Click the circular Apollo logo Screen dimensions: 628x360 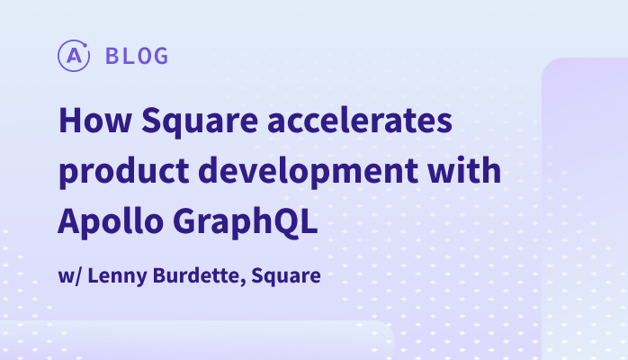point(74,56)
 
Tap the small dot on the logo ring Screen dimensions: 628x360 point(85,44)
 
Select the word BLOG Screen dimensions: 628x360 point(137,56)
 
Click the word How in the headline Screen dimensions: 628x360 point(95,120)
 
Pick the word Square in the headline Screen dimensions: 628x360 point(200,122)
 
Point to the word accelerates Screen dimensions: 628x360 point(360,120)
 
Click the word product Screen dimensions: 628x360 point(124,172)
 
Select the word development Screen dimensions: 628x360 point(308,172)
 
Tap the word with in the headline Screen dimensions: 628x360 point(464,170)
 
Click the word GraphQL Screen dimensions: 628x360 point(246,222)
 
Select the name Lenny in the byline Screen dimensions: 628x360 point(117,276)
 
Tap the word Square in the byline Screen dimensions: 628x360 point(286,276)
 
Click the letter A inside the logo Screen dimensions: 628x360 point(74,56)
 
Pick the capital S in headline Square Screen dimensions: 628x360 point(152,120)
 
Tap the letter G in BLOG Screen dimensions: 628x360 point(161,56)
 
